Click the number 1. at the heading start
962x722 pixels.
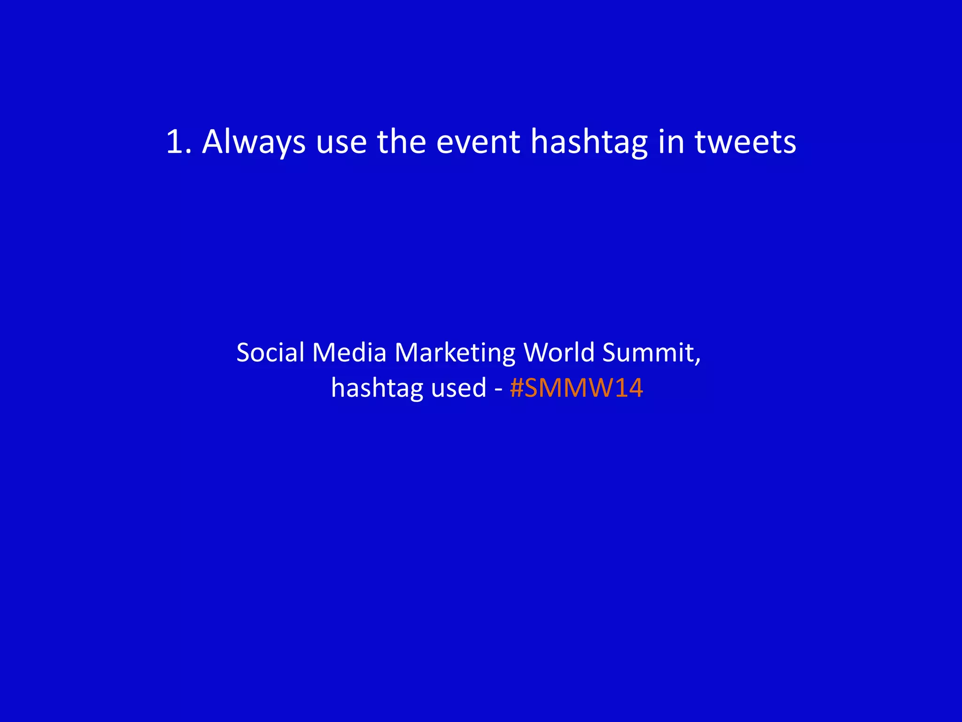pyautogui.click(x=178, y=141)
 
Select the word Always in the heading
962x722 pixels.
pyautogui.click(x=254, y=142)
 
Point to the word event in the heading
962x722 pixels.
pyautogui.click(x=478, y=141)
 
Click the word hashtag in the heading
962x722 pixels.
pyautogui.click(x=589, y=142)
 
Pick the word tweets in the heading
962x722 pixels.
pyautogui.click(x=745, y=141)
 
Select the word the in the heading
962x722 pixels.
pyautogui.click(x=401, y=141)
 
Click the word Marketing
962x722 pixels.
pyautogui.click(x=455, y=353)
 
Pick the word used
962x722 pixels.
pyautogui.click(x=458, y=388)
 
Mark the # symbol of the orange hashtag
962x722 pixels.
pyautogui.click(x=516, y=389)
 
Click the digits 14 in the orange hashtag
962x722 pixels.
pyautogui.click(x=628, y=389)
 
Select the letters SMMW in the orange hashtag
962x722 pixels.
pyautogui.click(x=569, y=389)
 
